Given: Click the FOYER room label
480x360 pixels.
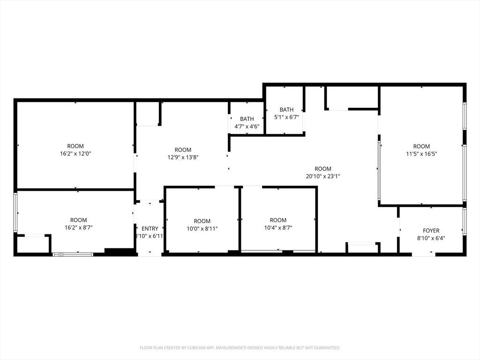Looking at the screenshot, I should (431, 231).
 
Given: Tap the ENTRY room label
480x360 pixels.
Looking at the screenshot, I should (150, 229).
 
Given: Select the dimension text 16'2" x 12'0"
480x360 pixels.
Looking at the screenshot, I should (75, 154).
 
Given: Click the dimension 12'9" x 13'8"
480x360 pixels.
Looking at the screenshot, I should (183, 157).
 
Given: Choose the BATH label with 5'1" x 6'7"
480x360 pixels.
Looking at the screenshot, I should (286, 110).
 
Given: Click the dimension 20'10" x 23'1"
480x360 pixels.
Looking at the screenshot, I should (322, 176).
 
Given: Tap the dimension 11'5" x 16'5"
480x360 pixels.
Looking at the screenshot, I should (421, 154).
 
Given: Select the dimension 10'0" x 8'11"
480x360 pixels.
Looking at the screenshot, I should (202, 229).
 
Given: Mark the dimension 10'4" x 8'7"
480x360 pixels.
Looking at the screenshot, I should (278, 228).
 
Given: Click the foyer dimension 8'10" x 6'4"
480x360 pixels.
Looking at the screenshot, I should (431, 238).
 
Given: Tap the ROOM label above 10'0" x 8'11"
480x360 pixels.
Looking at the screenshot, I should (202, 221).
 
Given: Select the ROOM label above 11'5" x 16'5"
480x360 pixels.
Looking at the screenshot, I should (421, 146).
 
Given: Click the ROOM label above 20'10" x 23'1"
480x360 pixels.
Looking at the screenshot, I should (322, 169).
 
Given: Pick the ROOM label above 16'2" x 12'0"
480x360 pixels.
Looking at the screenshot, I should (75, 146).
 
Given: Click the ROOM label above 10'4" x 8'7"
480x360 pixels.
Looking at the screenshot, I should (278, 220).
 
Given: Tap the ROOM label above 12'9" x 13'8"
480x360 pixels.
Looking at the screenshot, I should (183, 150).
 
